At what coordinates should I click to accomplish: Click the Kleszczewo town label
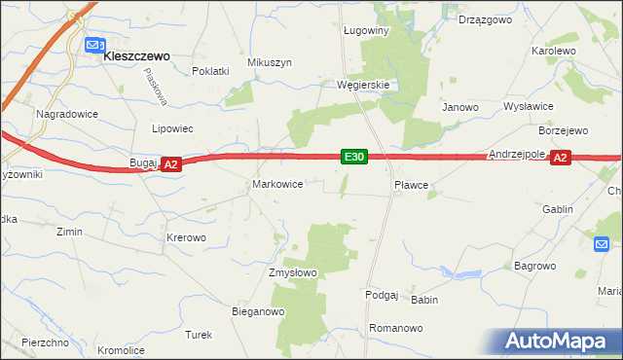(137, 56)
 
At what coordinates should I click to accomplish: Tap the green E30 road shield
(354, 156)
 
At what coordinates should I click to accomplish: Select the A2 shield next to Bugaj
(170, 165)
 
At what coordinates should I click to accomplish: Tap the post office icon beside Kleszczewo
(94, 46)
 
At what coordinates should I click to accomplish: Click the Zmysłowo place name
(293, 272)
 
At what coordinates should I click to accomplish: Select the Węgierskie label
(363, 85)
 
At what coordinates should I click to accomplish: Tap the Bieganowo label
(257, 312)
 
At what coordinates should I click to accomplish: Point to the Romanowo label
(396, 329)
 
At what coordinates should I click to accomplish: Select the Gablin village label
(558, 209)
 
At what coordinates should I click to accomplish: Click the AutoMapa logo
(558, 342)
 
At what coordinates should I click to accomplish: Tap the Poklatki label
(210, 71)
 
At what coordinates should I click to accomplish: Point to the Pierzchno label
(44, 342)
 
